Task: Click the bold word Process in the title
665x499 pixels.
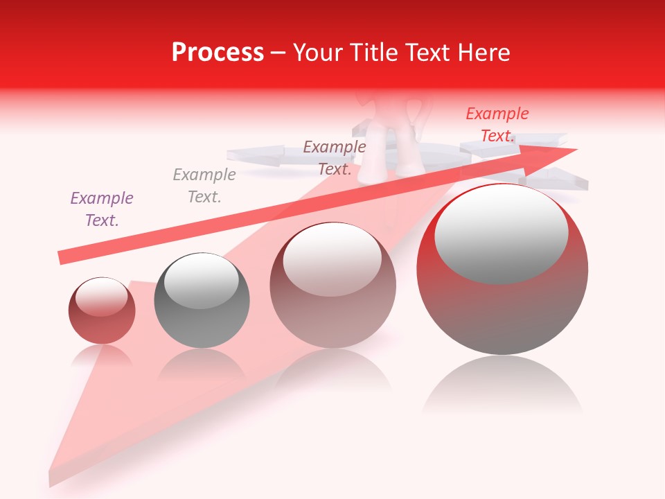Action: click(x=218, y=53)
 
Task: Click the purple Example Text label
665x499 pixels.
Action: click(x=102, y=209)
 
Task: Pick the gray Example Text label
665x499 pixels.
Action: click(x=204, y=185)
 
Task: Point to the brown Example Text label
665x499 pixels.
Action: click(x=335, y=157)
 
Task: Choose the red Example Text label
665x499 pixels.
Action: click(x=497, y=125)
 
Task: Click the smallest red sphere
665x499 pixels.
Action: click(x=102, y=319)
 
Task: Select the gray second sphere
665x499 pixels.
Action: click(x=202, y=305)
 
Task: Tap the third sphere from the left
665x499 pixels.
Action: click(x=333, y=291)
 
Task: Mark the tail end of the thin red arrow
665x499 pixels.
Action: click(x=62, y=257)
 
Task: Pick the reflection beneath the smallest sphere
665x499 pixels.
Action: click(x=102, y=356)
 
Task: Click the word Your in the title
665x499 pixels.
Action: click(x=317, y=53)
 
